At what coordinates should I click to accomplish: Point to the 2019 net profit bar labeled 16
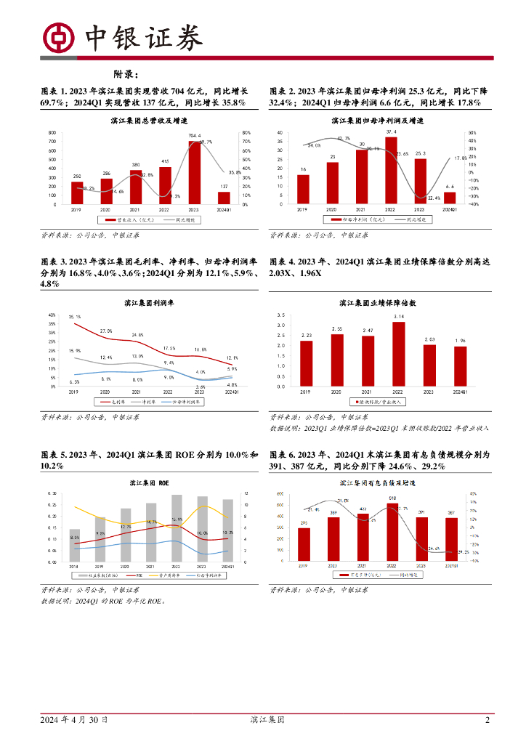(303, 189)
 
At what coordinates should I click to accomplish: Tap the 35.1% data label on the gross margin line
(75, 317)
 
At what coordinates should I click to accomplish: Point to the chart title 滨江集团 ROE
(150, 482)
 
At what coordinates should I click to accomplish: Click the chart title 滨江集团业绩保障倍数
(378, 302)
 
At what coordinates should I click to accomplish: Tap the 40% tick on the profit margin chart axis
(52, 315)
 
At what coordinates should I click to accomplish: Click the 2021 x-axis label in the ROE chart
(150, 566)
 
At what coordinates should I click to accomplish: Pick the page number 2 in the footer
(487, 720)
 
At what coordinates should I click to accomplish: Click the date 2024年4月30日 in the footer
(74, 720)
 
